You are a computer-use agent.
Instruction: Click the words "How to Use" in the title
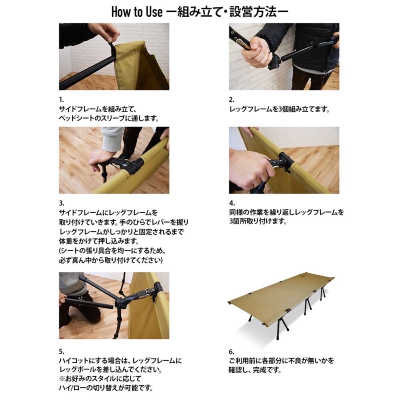click(137, 12)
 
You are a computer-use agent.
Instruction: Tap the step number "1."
click(61, 99)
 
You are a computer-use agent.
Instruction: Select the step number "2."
click(231, 99)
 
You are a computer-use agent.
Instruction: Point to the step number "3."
click(61, 203)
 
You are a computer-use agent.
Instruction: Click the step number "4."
click(231, 203)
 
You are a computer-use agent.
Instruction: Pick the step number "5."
click(61, 351)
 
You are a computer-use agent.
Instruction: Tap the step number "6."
click(231, 352)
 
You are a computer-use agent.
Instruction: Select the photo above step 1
click(114, 56)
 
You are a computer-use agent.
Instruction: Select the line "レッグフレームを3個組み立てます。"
click(279, 109)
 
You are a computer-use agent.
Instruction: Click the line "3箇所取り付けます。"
click(258, 221)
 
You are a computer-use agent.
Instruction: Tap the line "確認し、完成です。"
click(254, 369)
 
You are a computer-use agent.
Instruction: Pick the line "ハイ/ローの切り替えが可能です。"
click(106, 388)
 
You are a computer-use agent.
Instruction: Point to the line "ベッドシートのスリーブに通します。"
click(109, 118)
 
